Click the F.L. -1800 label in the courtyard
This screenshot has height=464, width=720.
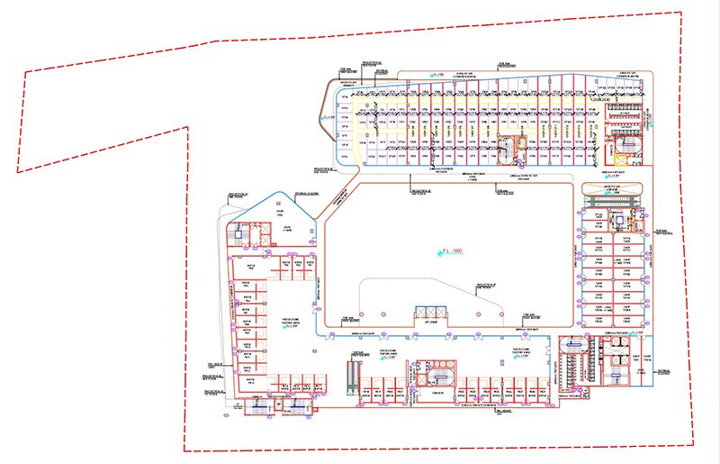point(452,250)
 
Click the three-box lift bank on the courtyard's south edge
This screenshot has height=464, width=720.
point(430,313)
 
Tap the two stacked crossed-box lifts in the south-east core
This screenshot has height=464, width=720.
point(618,360)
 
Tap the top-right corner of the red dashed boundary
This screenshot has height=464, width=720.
point(682,13)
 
